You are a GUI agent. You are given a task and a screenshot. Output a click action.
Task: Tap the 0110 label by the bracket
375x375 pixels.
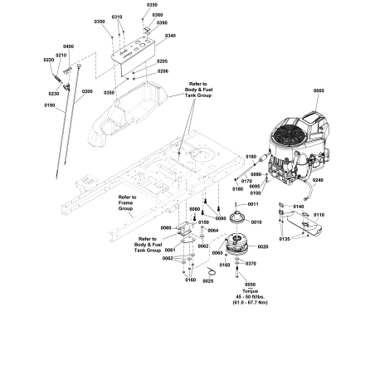coord(319,215)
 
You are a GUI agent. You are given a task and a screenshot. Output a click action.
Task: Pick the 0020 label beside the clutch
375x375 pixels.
coord(262,246)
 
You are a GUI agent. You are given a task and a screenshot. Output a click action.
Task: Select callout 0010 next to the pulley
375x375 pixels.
coord(256,222)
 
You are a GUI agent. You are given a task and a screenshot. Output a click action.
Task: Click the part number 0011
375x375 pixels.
coord(253,203)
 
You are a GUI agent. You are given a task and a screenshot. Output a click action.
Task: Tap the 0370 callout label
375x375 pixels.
coord(251,264)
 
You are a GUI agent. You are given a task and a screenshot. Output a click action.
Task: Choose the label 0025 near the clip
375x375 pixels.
coord(207,280)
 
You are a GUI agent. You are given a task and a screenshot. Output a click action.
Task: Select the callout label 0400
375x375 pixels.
coord(68,46)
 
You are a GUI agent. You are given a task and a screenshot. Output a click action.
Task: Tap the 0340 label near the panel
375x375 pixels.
coord(170,36)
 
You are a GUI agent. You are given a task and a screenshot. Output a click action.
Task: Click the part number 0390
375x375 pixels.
coord(162,23)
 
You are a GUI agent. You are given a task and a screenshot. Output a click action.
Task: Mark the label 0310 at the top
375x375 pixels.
coord(117,17)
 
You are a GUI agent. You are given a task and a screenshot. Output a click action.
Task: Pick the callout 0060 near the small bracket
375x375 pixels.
coord(166,227)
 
